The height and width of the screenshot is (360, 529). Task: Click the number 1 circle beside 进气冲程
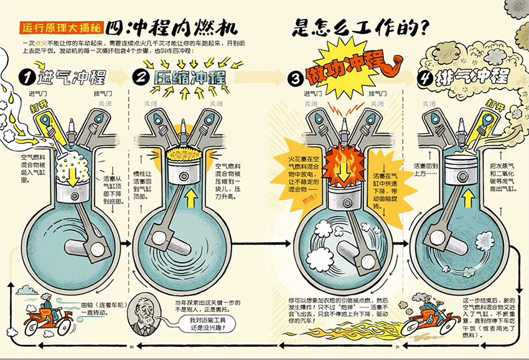pos(27,77)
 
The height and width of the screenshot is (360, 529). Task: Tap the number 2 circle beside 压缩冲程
pos(141,77)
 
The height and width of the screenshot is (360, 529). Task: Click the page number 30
pos(131,347)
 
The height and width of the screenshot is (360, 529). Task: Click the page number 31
pos(397,347)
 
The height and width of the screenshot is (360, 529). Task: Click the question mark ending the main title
pos(424,27)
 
